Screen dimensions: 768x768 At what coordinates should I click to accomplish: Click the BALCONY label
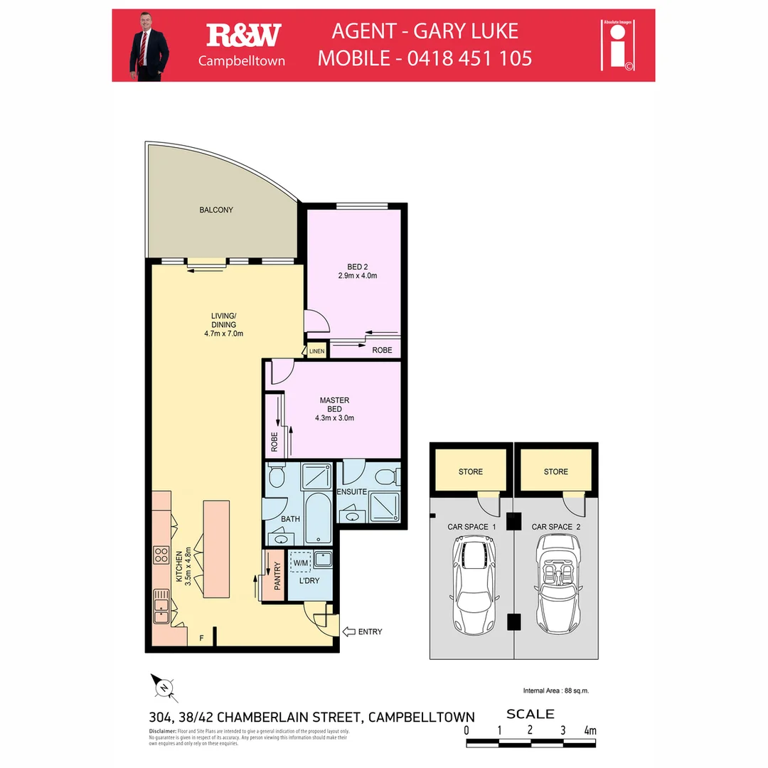(216, 210)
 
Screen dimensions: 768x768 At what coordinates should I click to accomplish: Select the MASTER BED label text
(334, 405)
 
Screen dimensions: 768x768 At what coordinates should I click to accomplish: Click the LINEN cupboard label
(316, 351)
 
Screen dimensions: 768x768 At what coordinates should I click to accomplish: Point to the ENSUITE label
(352, 491)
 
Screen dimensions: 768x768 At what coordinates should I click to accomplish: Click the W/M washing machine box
(302, 563)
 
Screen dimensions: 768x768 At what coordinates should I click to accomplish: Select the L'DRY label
(309, 581)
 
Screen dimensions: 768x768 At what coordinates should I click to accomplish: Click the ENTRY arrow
(351, 631)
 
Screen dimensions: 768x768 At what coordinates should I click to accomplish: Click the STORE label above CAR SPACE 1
(471, 471)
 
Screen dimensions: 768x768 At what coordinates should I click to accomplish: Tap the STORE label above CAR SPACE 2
(556, 471)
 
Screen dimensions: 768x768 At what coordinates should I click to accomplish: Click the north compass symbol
(164, 687)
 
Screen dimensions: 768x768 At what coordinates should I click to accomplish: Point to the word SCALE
(530, 714)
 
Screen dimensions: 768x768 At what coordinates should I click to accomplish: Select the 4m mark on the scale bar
(590, 730)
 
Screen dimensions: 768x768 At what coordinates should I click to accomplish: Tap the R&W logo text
(243, 35)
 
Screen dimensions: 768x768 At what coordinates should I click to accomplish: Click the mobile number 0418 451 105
(470, 58)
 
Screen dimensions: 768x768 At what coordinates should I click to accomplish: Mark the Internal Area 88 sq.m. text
(555, 690)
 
